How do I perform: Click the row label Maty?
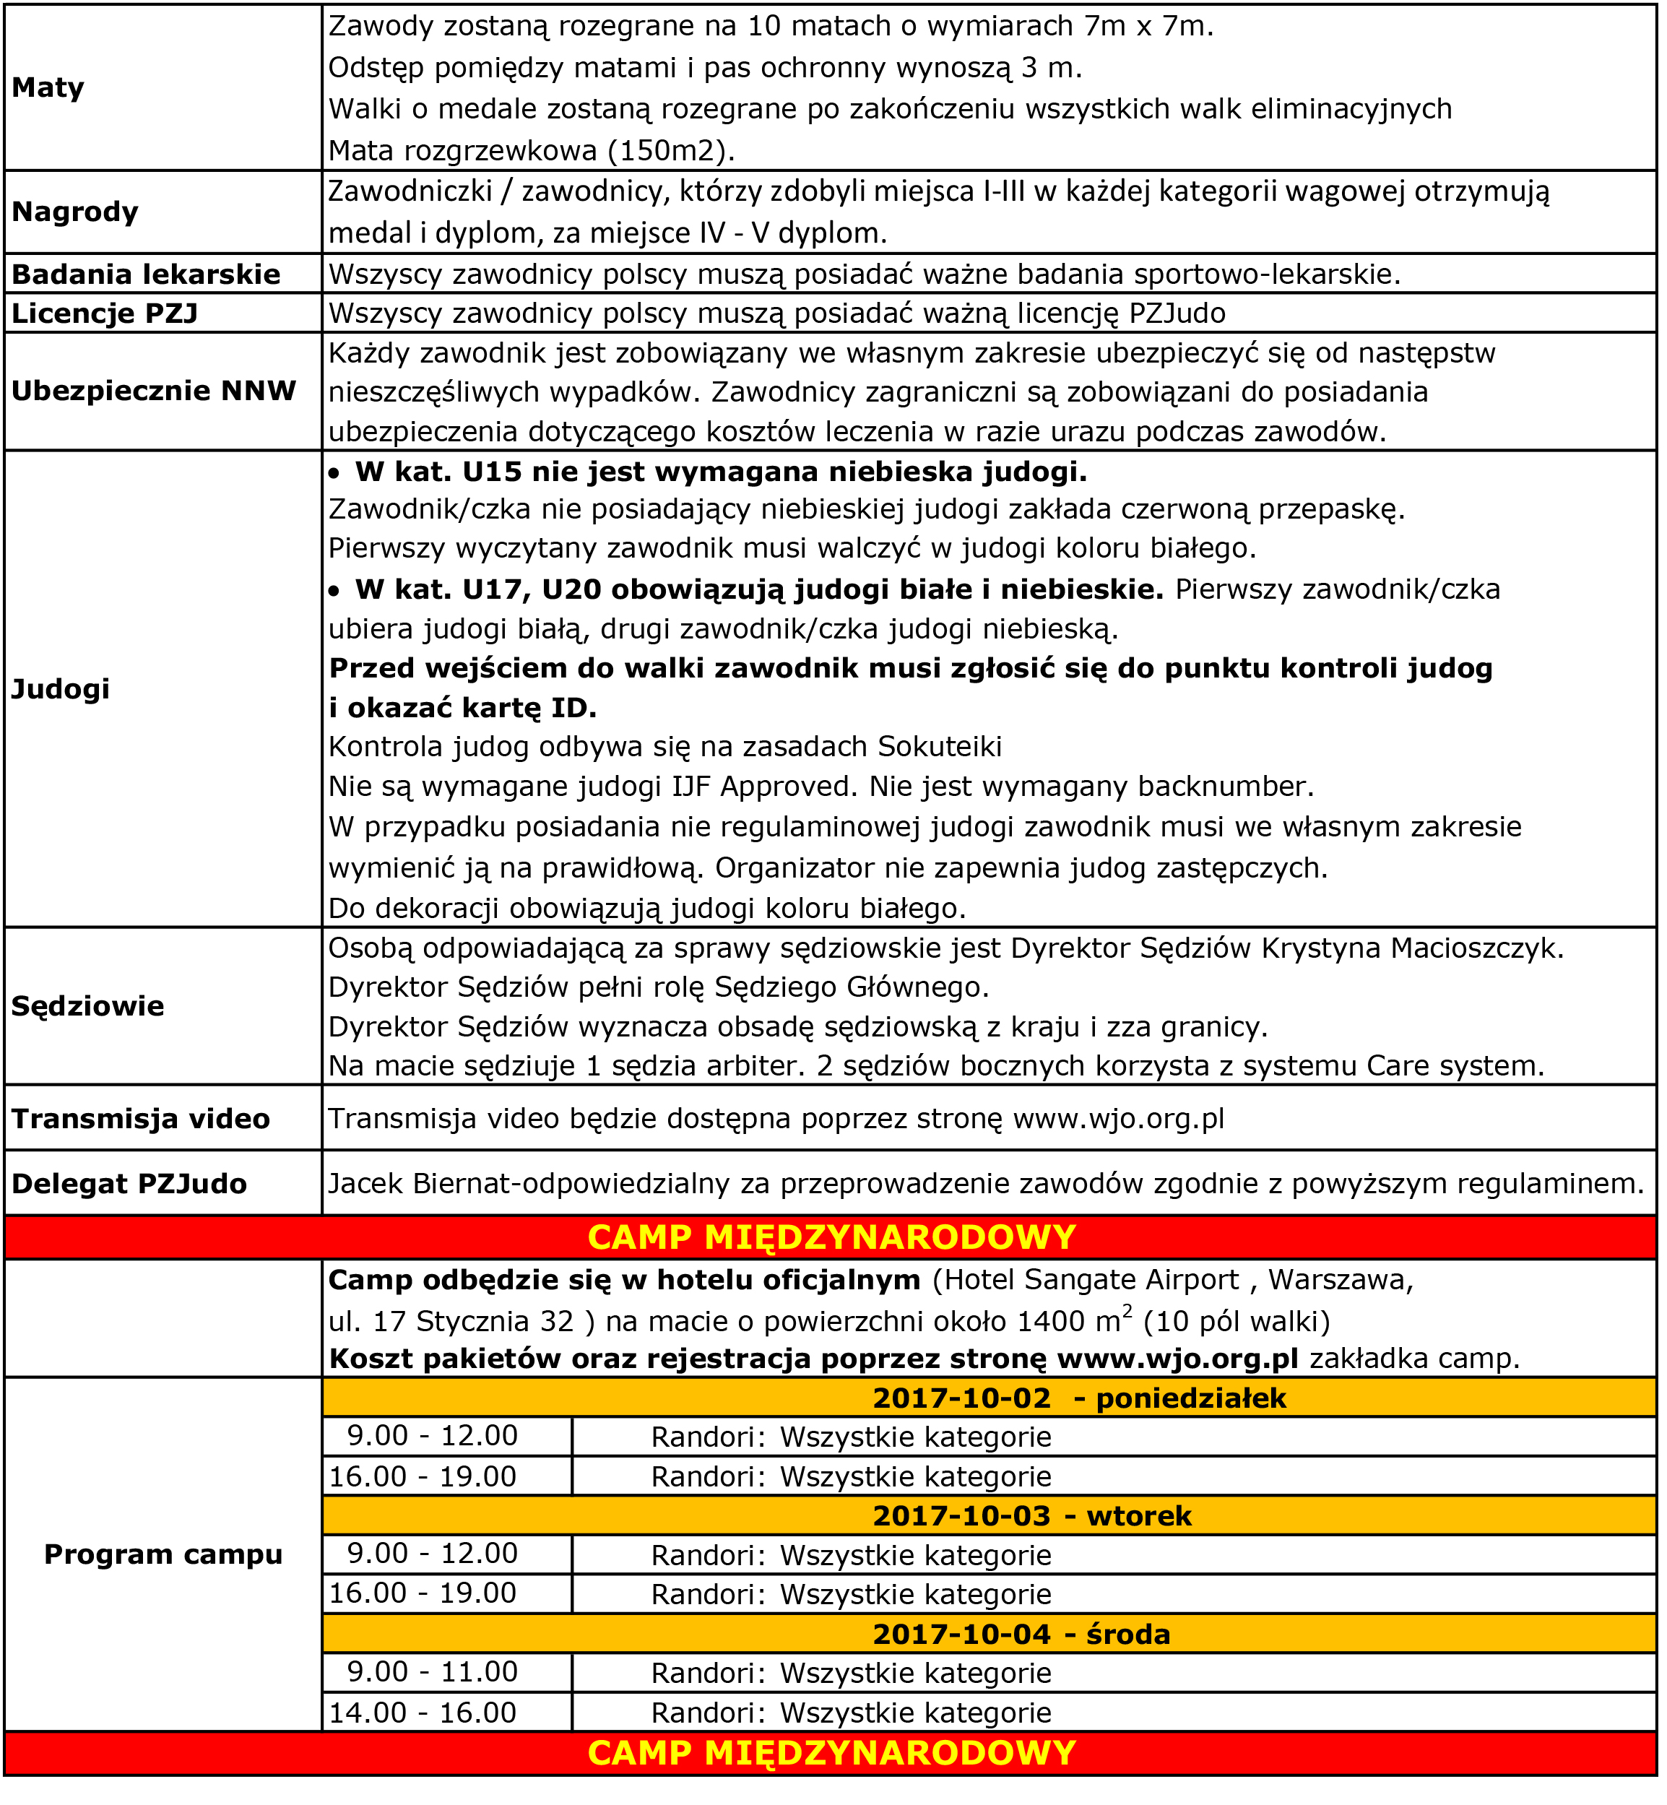point(48,87)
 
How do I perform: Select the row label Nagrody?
point(75,212)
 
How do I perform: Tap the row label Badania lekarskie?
point(145,274)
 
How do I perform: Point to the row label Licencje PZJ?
point(105,313)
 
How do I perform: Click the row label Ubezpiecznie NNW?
point(153,391)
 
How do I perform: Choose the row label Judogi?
point(61,688)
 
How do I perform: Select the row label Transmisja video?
point(141,1119)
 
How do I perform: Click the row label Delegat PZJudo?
point(129,1184)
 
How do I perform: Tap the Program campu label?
point(163,1554)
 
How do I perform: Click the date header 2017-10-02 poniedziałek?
point(1079,1398)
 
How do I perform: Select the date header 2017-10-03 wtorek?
point(1032,1515)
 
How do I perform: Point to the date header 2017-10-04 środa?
point(1021,1634)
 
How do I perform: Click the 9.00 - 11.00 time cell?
point(432,1671)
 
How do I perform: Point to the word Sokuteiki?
point(940,747)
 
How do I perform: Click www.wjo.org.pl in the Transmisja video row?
point(1119,1119)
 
